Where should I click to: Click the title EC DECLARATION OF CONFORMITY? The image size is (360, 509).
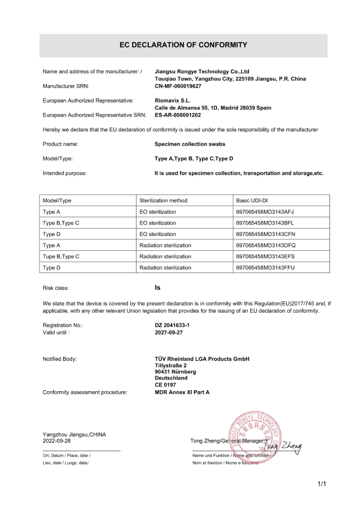(x=180, y=45)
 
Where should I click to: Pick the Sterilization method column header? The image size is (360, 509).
(x=163, y=200)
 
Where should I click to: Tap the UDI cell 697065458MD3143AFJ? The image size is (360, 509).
(x=265, y=212)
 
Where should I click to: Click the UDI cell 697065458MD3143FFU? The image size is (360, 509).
(x=265, y=267)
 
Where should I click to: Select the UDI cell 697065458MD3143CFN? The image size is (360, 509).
(x=265, y=233)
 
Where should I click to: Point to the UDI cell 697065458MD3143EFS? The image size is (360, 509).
(x=265, y=256)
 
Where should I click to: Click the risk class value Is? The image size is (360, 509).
(x=157, y=288)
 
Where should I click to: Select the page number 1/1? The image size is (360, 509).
(x=322, y=484)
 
